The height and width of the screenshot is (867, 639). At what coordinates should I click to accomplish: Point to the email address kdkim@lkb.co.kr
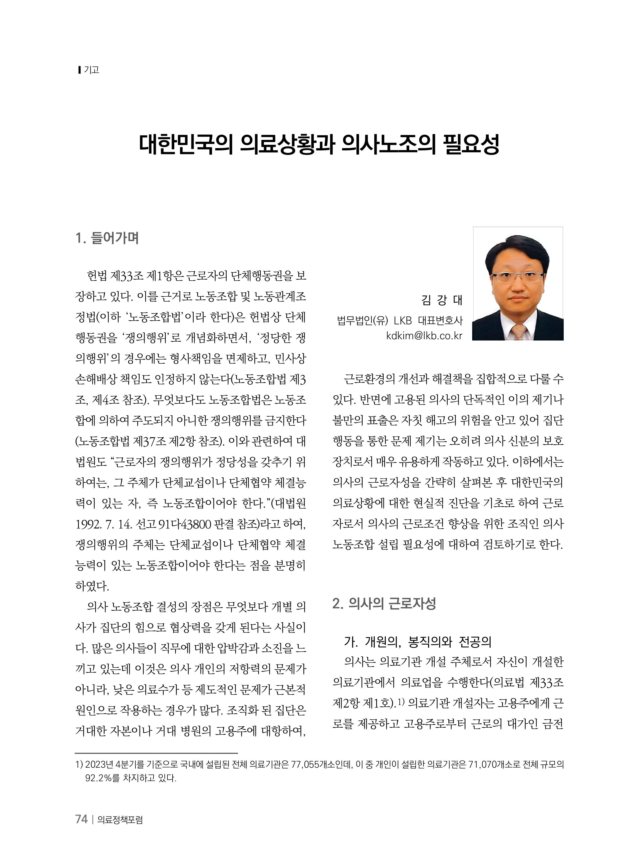pos(424,336)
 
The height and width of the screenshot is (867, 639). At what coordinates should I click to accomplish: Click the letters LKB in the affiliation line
pos(403,321)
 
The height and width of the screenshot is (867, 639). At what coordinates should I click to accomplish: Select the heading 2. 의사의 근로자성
pos(384,603)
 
